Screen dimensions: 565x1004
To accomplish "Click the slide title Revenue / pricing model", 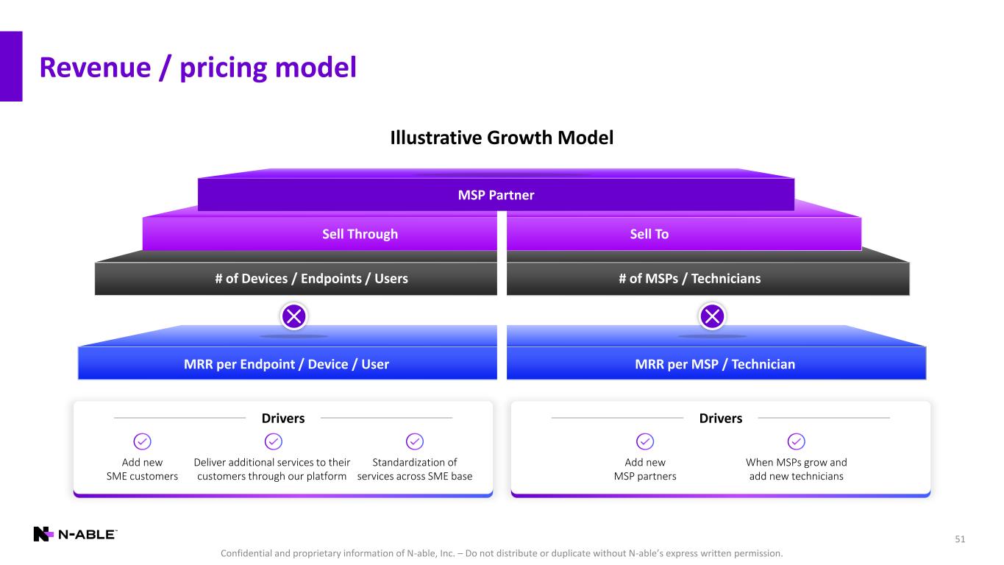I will click(198, 68).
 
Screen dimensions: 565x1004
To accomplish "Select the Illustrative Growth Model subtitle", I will click(502, 138).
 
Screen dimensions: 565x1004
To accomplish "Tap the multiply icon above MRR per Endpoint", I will click(294, 317).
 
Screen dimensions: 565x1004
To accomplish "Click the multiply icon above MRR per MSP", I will click(713, 317).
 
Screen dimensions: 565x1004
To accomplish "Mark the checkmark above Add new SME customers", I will click(142, 441).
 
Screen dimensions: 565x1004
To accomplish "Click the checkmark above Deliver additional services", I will click(272, 441).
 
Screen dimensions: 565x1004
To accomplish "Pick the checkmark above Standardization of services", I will click(415, 441).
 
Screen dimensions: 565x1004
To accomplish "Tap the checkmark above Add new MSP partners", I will click(645, 441).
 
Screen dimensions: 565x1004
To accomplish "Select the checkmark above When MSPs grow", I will click(797, 441).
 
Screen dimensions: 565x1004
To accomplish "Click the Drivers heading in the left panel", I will click(283, 419).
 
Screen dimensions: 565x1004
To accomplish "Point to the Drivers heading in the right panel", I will click(721, 419).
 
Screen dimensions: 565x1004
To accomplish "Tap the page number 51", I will click(960, 540).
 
